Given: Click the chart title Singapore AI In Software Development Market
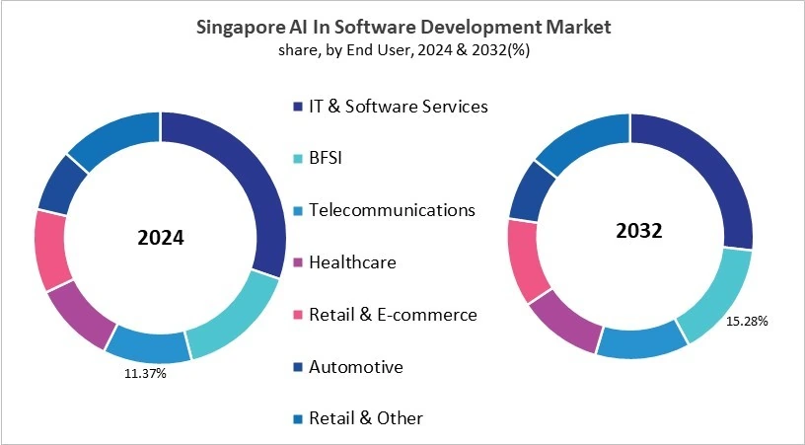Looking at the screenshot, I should click(x=402, y=27).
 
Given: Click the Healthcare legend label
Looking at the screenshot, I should click(x=352, y=262).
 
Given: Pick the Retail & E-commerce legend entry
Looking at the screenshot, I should click(x=393, y=315).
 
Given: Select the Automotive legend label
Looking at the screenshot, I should click(x=355, y=367).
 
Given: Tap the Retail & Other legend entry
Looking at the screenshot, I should click(x=365, y=418).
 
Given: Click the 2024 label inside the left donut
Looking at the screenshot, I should click(x=160, y=239).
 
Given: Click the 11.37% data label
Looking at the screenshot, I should click(x=145, y=374).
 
